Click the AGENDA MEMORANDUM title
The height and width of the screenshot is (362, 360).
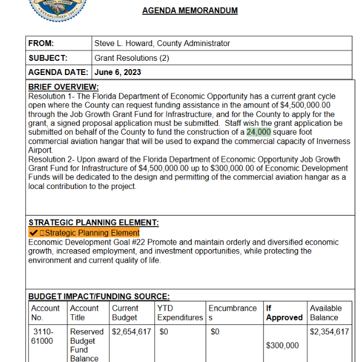point(190,11)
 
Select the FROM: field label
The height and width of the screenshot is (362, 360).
point(41,43)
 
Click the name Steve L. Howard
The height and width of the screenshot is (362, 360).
point(126,43)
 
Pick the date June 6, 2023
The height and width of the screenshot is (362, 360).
point(117,73)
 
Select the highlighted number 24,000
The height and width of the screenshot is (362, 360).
point(258,132)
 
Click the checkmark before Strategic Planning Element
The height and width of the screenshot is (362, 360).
point(33,233)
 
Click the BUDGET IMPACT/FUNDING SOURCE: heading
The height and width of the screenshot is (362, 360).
point(99,296)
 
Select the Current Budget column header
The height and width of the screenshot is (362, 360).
point(125,313)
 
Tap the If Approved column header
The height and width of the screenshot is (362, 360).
point(284,313)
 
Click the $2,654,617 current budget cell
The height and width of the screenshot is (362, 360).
point(131,332)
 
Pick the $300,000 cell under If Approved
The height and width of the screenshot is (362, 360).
point(282,345)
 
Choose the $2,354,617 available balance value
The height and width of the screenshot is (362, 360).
point(329,332)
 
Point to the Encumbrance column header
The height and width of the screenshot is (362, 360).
point(232,313)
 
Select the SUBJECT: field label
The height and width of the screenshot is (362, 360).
point(48,58)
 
